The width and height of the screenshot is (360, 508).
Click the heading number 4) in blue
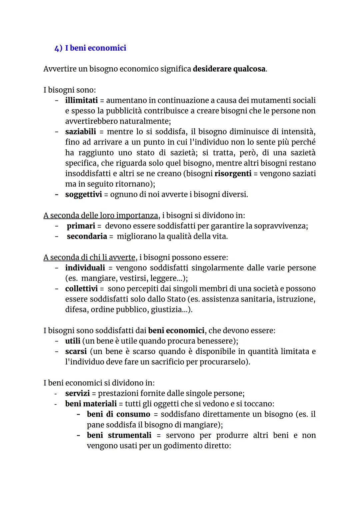click(x=58, y=48)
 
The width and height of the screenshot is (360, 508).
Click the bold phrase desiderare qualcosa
click(x=229, y=69)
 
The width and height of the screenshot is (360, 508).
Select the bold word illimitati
click(x=81, y=100)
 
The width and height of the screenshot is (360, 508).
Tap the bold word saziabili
click(x=80, y=132)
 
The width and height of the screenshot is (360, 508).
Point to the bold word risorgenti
click(x=233, y=174)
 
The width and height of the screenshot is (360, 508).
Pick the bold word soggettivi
click(x=83, y=194)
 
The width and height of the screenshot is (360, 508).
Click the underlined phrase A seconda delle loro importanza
click(x=100, y=216)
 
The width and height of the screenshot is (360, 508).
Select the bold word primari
click(x=81, y=226)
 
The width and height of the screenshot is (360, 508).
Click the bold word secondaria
click(x=87, y=237)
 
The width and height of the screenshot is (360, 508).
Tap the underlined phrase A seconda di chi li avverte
click(x=89, y=257)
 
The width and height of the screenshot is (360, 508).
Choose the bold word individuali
click(x=85, y=268)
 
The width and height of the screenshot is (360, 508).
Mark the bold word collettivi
click(x=81, y=288)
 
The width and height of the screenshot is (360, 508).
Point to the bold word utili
click(x=73, y=341)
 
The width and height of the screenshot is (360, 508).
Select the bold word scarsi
click(x=76, y=351)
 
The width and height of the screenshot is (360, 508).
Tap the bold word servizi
click(x=77, y=393)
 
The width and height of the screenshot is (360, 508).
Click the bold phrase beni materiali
click(x=91, y=404)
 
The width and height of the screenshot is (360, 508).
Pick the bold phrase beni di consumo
click(x=118, y=414)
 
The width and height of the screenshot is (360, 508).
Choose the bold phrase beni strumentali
click(x=119, y=435)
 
